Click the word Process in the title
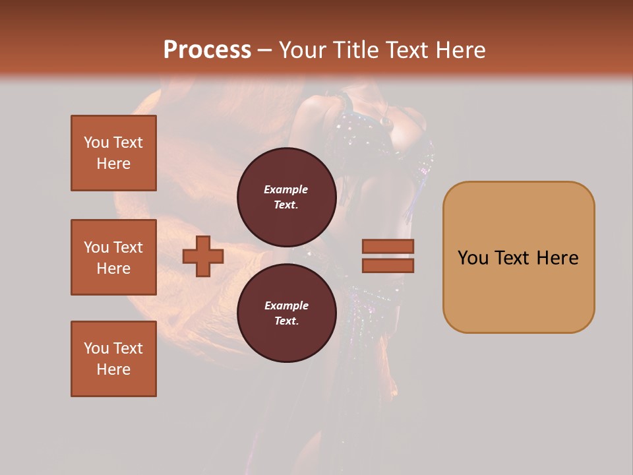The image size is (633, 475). pos(207,50)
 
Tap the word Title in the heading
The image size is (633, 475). pos(356,50)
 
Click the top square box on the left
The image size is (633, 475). pos(113,153)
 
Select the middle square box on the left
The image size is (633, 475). pos(113,257)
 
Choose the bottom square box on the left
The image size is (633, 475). pos(113,359)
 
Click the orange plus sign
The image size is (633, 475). pos(203,256)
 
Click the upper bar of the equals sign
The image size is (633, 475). pos(388,246)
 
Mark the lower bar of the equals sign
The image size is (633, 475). pos(388,265)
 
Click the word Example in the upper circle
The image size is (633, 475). pos(286,189)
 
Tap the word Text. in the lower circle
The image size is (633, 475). pos(286,321)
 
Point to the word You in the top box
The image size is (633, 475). pos(96,142)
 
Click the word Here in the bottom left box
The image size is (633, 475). pos(113,369)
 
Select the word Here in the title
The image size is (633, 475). pos(463,50)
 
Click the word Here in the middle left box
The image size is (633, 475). pos(113,269)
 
